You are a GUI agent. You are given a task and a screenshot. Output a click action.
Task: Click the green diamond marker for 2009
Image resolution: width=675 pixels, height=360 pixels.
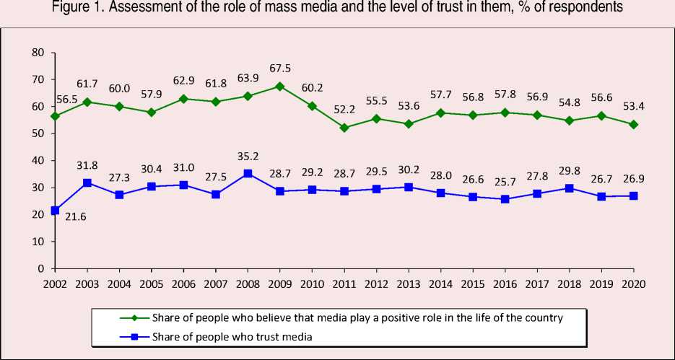[x=280, y=86]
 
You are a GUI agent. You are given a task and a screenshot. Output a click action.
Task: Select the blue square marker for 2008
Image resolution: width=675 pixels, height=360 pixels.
[x=248, y=173]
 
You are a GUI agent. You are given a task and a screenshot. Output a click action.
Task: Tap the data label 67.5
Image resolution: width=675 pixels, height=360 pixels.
[x=281, y=70]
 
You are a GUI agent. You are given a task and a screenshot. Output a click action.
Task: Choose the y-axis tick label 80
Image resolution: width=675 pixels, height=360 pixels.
[x=38, y=53]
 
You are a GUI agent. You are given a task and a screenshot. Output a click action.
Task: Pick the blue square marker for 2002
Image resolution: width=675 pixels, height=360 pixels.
[x=55, y=210]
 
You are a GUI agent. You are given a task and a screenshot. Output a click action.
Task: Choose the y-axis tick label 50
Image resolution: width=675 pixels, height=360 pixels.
[x=38, y=133]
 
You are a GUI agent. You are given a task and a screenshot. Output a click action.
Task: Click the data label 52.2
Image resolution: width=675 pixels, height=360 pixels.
[x=344, y=111]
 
